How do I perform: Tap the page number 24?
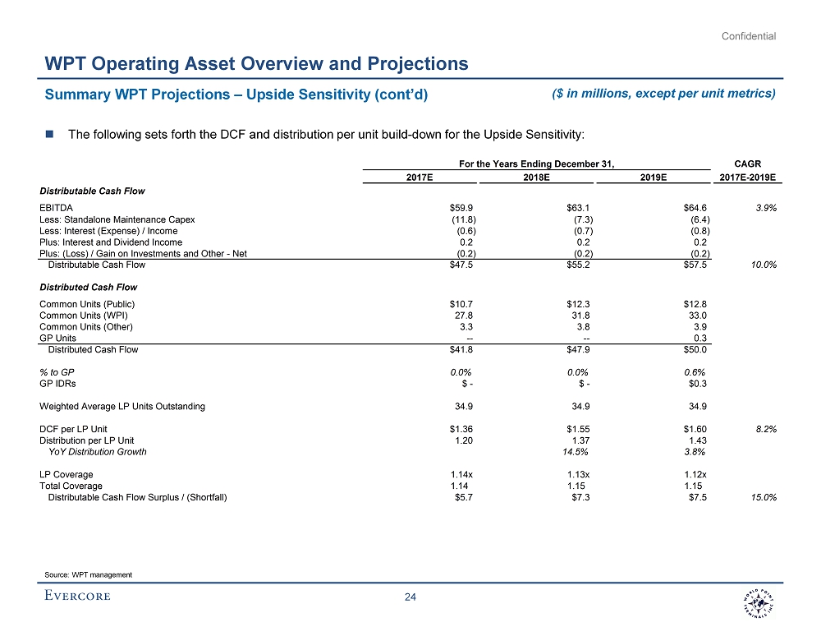410,597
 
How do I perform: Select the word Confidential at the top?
749,36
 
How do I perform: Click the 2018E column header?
536,177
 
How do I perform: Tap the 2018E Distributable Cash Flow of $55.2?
580,265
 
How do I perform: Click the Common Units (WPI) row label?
84,316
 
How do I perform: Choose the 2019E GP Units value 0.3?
700,338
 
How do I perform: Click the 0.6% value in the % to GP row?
695,371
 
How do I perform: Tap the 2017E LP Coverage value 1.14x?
464,474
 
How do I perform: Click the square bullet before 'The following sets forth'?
50,135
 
